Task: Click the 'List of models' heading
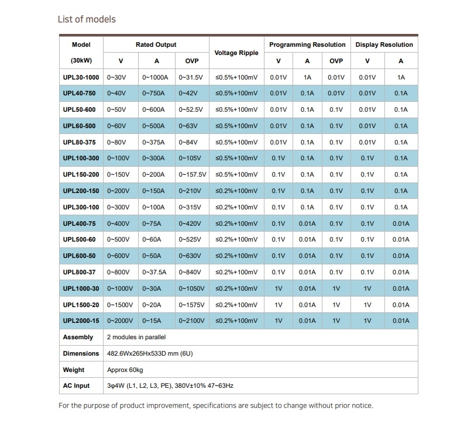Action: [x=87, y=19]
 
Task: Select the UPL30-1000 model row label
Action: [x=81, y=77]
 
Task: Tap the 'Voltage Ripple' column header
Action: [x=236, y=53]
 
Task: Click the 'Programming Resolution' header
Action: [x=307, y=45]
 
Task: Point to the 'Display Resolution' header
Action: [x=384, y=45]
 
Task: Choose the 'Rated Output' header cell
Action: [x=156, y=45]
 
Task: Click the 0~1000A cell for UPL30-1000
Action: [x=155, y=77]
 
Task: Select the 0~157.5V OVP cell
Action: [x=193, y=174]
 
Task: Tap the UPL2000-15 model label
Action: [x=81, y=321]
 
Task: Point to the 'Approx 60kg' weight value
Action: [x=125, y=370]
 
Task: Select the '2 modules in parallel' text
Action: [x=137, y=337]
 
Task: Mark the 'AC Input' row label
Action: [x=77, y=385]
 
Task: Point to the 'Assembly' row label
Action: [x=78, y=337]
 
